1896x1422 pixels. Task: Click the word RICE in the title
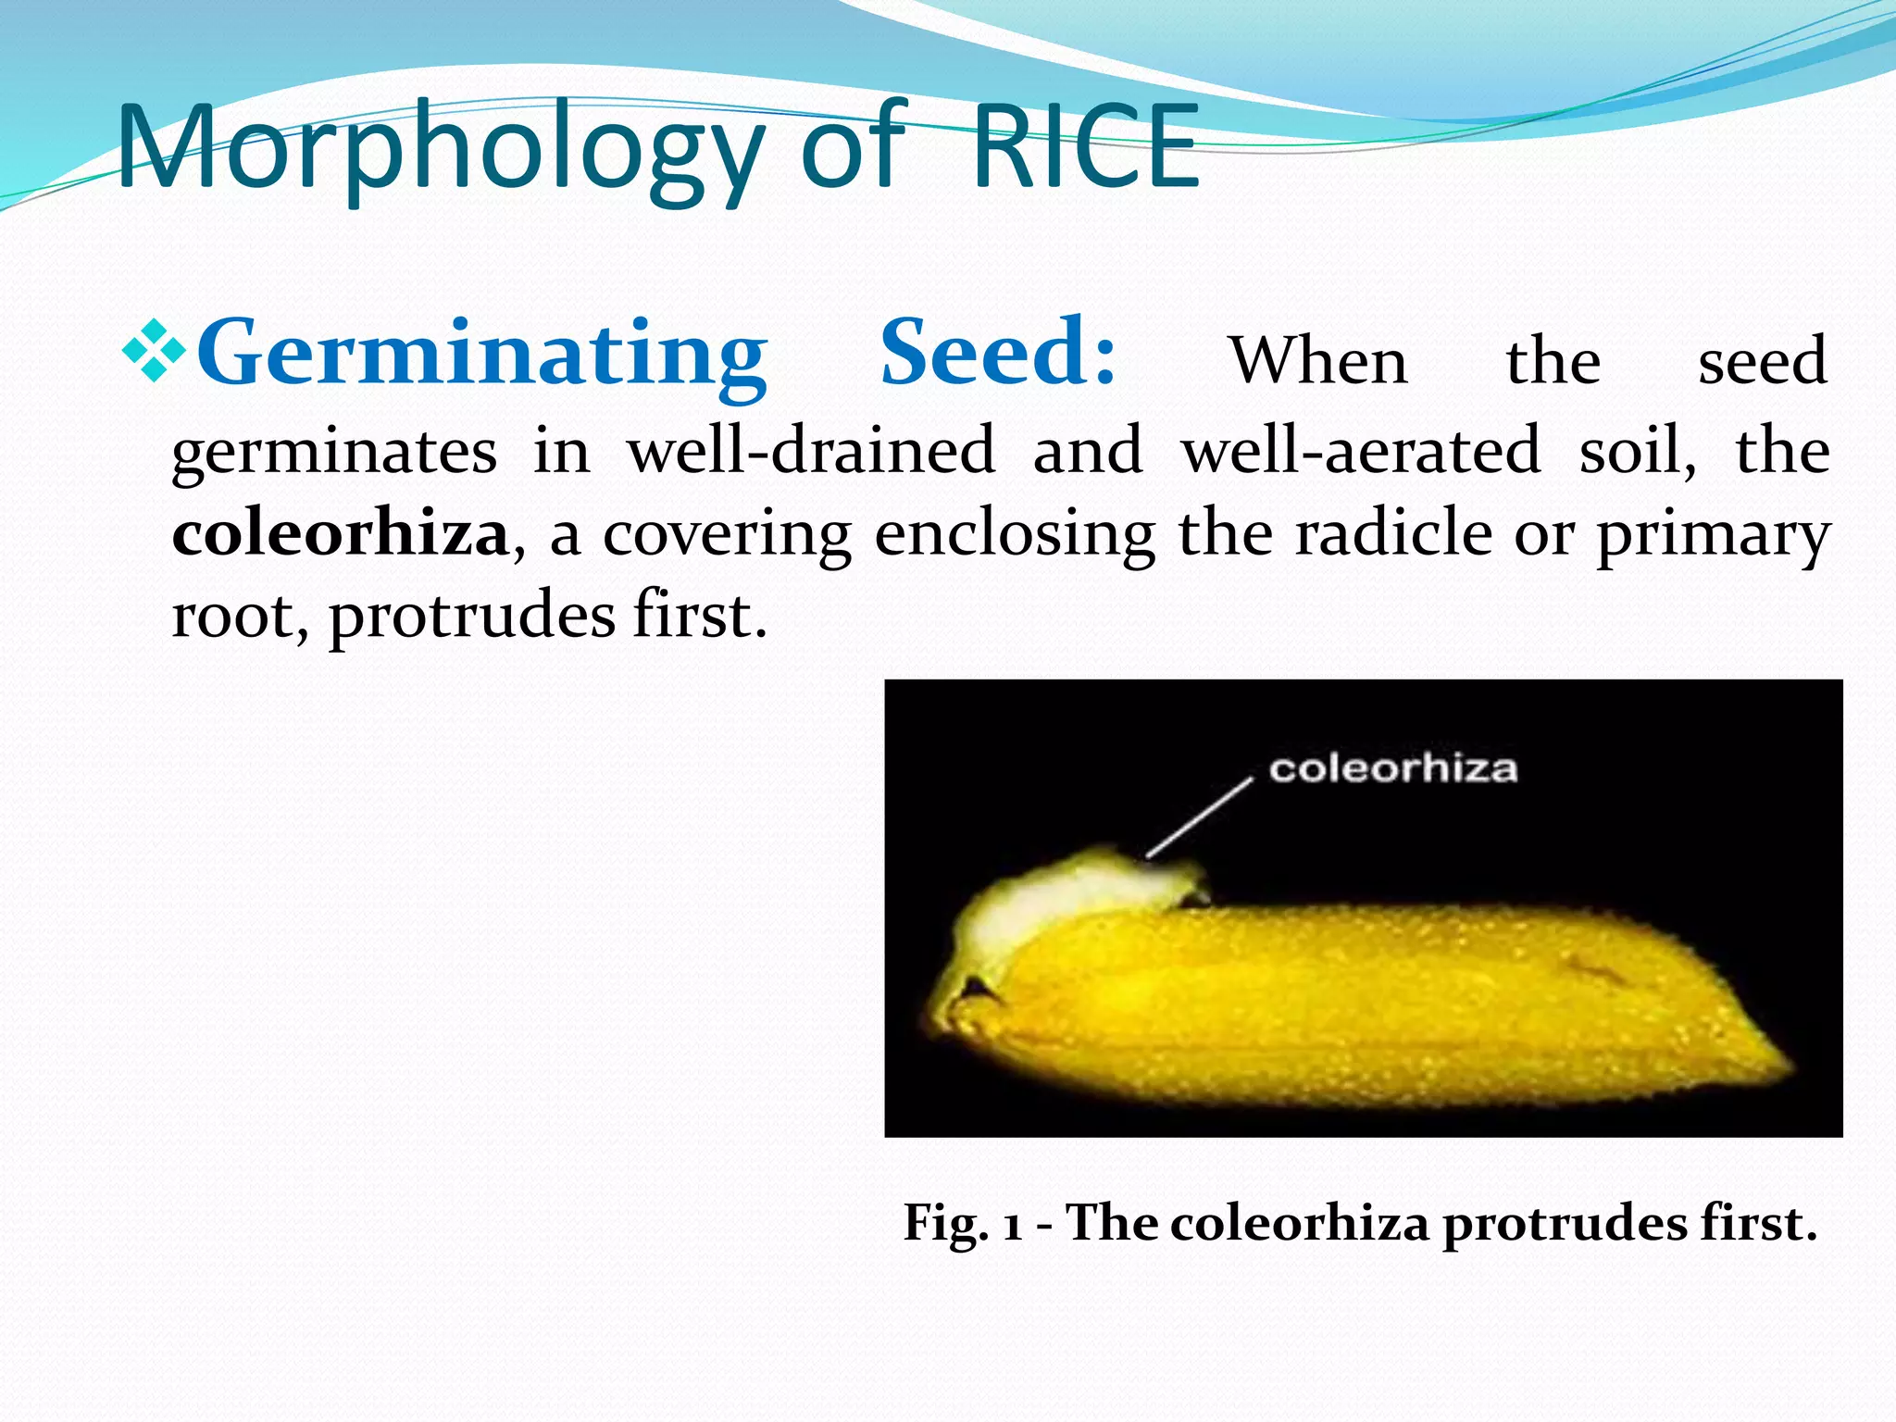(x=1085, y=148)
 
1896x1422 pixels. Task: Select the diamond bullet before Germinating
(x=155, y=353)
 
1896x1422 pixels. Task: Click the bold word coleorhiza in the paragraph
(x=340, y=535)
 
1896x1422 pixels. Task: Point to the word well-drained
(x=810, y=451)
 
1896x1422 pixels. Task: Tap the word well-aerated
(x=1361, y=451)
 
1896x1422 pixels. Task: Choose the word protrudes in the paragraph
(x=471, y=617)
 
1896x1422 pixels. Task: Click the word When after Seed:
(x=1318, y=361)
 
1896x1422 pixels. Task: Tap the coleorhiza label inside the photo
(x=1392, y=768)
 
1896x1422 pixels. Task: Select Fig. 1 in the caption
(x=963, y=1224)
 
